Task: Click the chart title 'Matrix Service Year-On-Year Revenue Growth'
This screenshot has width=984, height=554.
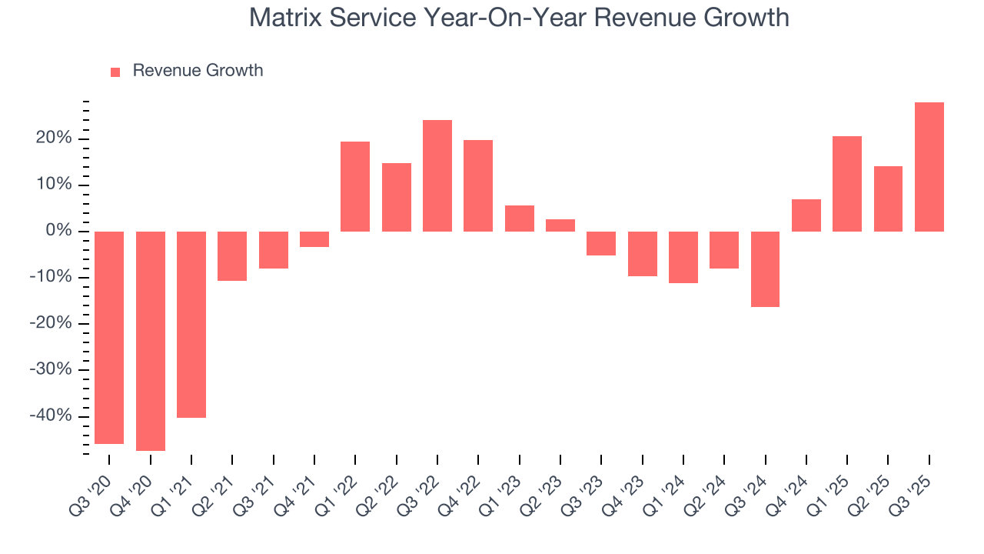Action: coord(519,17)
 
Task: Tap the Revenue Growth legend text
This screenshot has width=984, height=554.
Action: coord(198,71)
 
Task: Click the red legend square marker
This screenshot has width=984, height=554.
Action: coord(115,72)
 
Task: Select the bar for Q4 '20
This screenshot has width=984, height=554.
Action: coord(151,341)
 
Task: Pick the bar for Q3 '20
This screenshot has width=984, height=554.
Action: coord(109,337)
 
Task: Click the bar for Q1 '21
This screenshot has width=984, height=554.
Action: coord(191,324)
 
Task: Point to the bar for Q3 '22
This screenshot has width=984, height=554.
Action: coord(437,175)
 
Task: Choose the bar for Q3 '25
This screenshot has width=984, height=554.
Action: coord(929,167)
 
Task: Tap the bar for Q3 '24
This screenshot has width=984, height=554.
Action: coord(765,269)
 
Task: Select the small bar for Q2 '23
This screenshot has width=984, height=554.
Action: coord(560,225)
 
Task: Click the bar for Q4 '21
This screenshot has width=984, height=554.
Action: coord(314,239)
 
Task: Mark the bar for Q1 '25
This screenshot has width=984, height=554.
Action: coord(847,184)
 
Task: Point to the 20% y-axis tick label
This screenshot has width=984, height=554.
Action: coord(52,138)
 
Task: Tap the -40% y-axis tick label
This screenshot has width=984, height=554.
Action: coord(50,415)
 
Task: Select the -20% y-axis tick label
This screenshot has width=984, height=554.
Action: coord(50,323)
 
